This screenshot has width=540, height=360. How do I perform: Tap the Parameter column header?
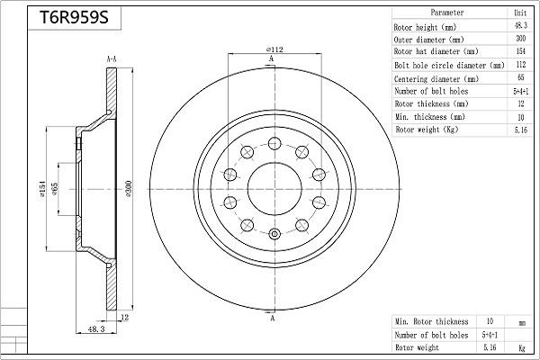point(446,13)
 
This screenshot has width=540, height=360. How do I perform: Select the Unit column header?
point(519,13)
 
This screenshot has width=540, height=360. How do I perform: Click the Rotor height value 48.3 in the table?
point(519,27)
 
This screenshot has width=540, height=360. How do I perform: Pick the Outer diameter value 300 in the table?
point(519,40)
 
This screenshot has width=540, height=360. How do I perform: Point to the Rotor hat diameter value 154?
point(519,52)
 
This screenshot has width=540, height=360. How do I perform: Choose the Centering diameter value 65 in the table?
point(519,78)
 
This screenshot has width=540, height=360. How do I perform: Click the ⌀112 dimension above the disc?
point(274,49)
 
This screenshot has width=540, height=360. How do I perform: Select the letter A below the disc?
point(271,319)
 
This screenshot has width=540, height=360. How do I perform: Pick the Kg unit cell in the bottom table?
point(521,346)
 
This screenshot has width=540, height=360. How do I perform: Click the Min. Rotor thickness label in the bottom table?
point(432,321)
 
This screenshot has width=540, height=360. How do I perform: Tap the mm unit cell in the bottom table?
point(521,321)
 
